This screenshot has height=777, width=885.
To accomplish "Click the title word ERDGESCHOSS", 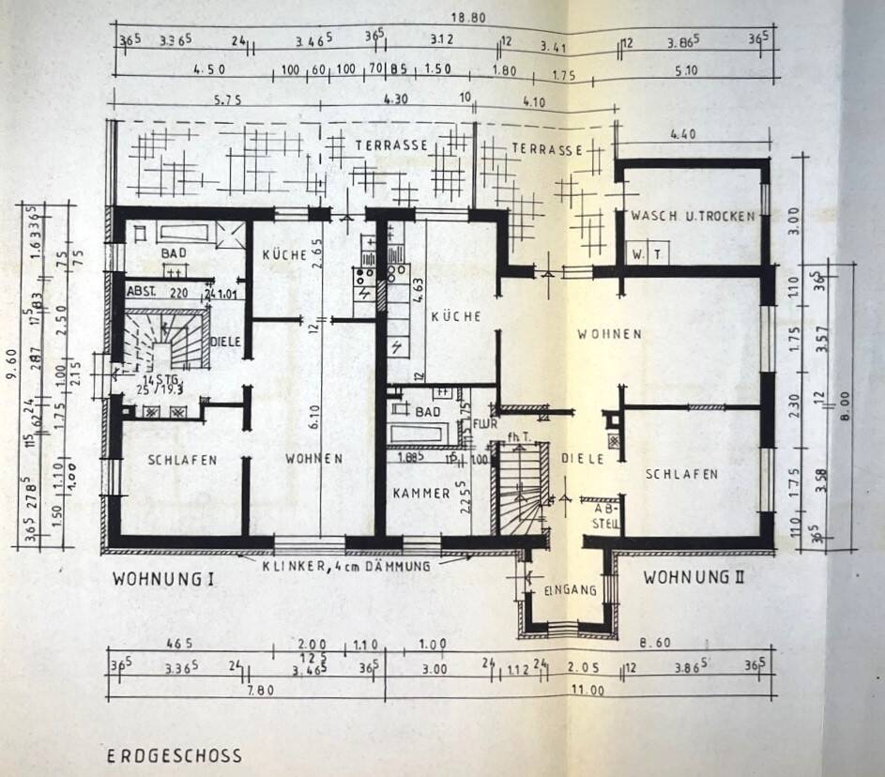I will pos(174,755).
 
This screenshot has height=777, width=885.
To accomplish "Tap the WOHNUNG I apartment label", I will pos(163,579).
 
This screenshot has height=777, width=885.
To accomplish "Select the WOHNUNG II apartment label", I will pos(694,577).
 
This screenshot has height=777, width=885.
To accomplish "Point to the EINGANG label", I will pos(570,590).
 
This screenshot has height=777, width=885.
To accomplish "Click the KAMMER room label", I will pos(422,493).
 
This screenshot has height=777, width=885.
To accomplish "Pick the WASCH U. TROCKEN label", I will pos(693,216).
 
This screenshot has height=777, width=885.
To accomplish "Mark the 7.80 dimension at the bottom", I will pos(247,691).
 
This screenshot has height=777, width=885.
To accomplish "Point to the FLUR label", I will pos(483,423).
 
